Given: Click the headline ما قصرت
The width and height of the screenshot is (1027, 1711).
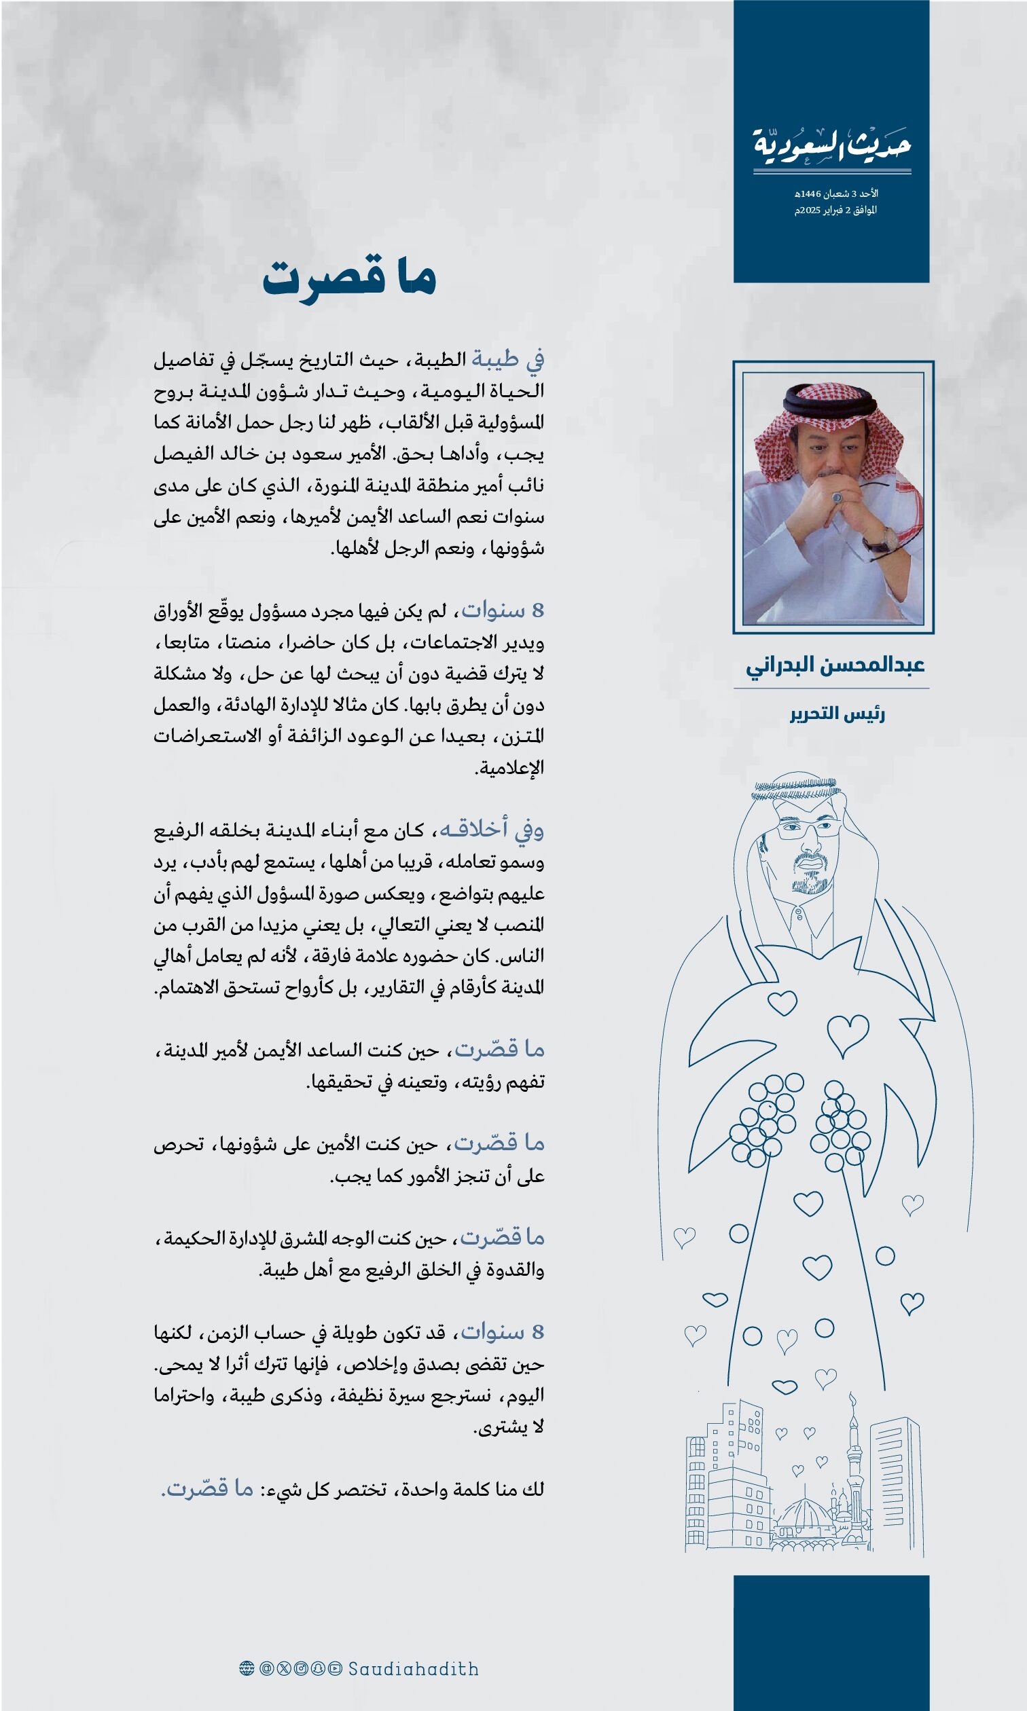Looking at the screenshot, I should click(x=349, y=278).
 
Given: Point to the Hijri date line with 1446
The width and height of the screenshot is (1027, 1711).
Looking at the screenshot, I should click(x=836, y=194).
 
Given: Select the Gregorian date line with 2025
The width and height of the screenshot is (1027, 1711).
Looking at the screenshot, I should click(x=835, y=210).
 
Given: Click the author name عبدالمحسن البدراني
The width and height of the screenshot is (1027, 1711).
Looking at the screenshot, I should click(x=835, y=665).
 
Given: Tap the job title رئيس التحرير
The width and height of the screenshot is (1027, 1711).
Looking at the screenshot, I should click(x=837, y=714).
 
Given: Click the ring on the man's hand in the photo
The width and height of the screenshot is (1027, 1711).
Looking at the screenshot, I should click(x=837, y=498).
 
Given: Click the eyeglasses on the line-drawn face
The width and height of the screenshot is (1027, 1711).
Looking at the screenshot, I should click(x=807, y=827).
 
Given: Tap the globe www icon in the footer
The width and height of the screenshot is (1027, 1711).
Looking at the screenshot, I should click(x=247, y=1669).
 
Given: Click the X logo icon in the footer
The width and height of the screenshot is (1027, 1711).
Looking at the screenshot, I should click(x=284, y=1669).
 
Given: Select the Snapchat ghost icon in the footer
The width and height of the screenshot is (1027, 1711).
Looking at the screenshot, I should click(x=319, y=1669).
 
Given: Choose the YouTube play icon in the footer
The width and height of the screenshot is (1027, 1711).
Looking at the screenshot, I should click(x=336, y=1669).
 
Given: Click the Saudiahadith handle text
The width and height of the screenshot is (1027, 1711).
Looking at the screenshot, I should click(x=413, y=1669).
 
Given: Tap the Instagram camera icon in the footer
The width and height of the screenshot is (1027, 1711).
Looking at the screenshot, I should click(x=301, y=1669).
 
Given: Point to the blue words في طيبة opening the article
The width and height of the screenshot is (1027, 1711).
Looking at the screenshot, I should click(x=508, y=359).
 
